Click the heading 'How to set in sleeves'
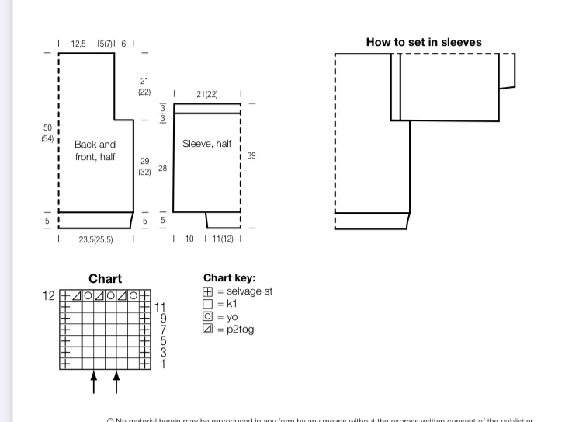point(424,43)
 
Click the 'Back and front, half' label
point(95,151)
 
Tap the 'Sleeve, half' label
point(206,144)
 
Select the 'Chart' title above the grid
point(105,279)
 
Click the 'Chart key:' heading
point(230,278)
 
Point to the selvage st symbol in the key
point(208,292)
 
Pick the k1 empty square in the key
point(208,305)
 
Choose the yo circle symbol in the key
point(208,317)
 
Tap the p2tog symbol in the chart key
point(208,330)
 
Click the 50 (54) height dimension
point(47,133)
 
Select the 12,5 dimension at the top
point(78,44)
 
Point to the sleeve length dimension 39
point(251,156)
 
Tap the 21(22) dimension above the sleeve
point(207,95)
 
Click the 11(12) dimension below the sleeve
point(222,239)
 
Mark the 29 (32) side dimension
point(145,166)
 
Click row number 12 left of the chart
point(50,296)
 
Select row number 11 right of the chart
point(160,307)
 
